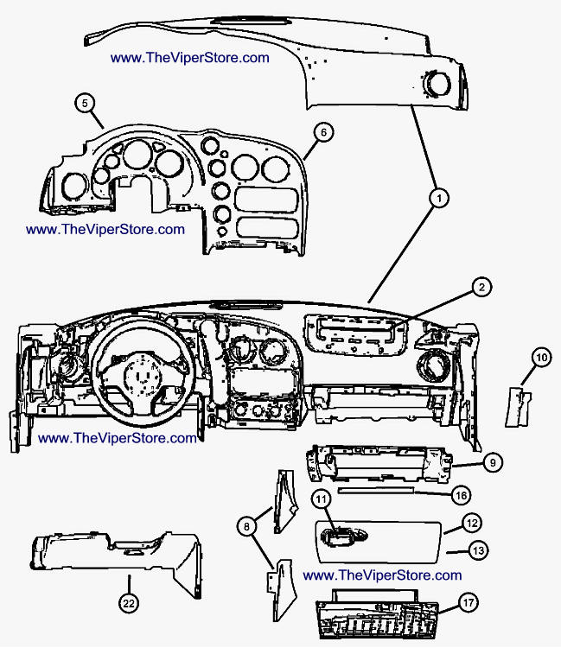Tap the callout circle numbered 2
coord(481,287)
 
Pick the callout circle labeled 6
coord(322,132)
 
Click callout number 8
coord(245,525)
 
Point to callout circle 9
coord(490,463)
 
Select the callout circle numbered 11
coord(322,499)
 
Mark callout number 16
coord(462,495)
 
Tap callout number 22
coord(129,603)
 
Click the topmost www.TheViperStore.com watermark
coord(190,58)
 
